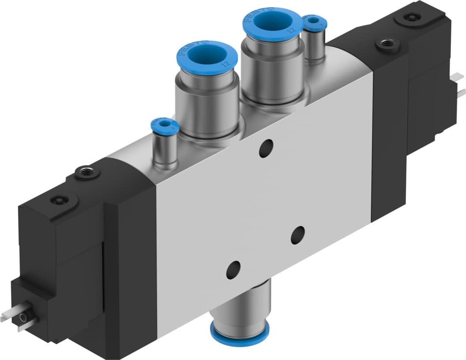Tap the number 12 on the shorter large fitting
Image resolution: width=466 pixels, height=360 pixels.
click(x=225, y=64)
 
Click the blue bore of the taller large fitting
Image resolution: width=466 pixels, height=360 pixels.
click(x=272, y=21)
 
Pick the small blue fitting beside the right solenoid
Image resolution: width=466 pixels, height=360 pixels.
click(x=315, y=21)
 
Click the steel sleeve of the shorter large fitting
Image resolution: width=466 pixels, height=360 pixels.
click(x=207, y=104)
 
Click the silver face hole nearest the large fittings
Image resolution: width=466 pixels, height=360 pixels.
click(x=266, y=148)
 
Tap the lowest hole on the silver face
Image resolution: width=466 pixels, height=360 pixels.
click(x=233, y=269)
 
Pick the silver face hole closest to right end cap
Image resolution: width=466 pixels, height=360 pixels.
click(x=298, y=234)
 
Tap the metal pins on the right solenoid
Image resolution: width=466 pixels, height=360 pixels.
click(x=461, y=88)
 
